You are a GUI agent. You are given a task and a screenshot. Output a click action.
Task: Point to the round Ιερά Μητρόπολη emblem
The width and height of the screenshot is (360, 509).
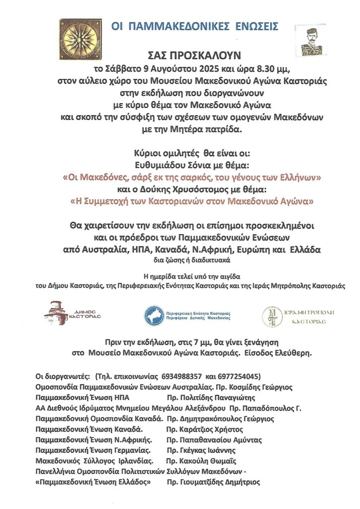[x=271, y=315]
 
